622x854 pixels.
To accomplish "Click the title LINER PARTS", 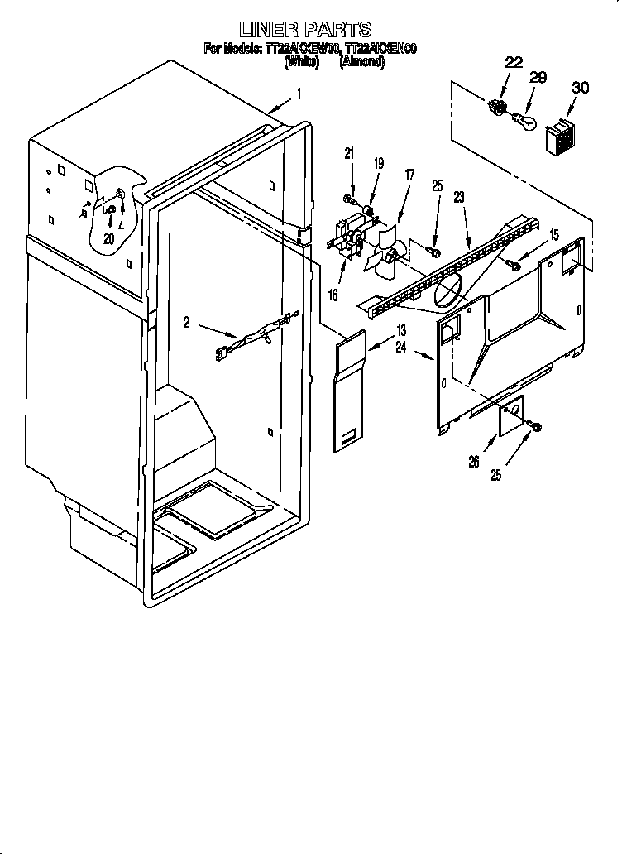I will (310, 31).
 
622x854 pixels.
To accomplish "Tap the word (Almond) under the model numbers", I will (361, 63).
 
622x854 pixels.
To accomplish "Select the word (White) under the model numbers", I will (301, 63).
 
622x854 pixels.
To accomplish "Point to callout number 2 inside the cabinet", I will (187, 323).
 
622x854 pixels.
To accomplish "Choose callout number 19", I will (379, 164).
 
